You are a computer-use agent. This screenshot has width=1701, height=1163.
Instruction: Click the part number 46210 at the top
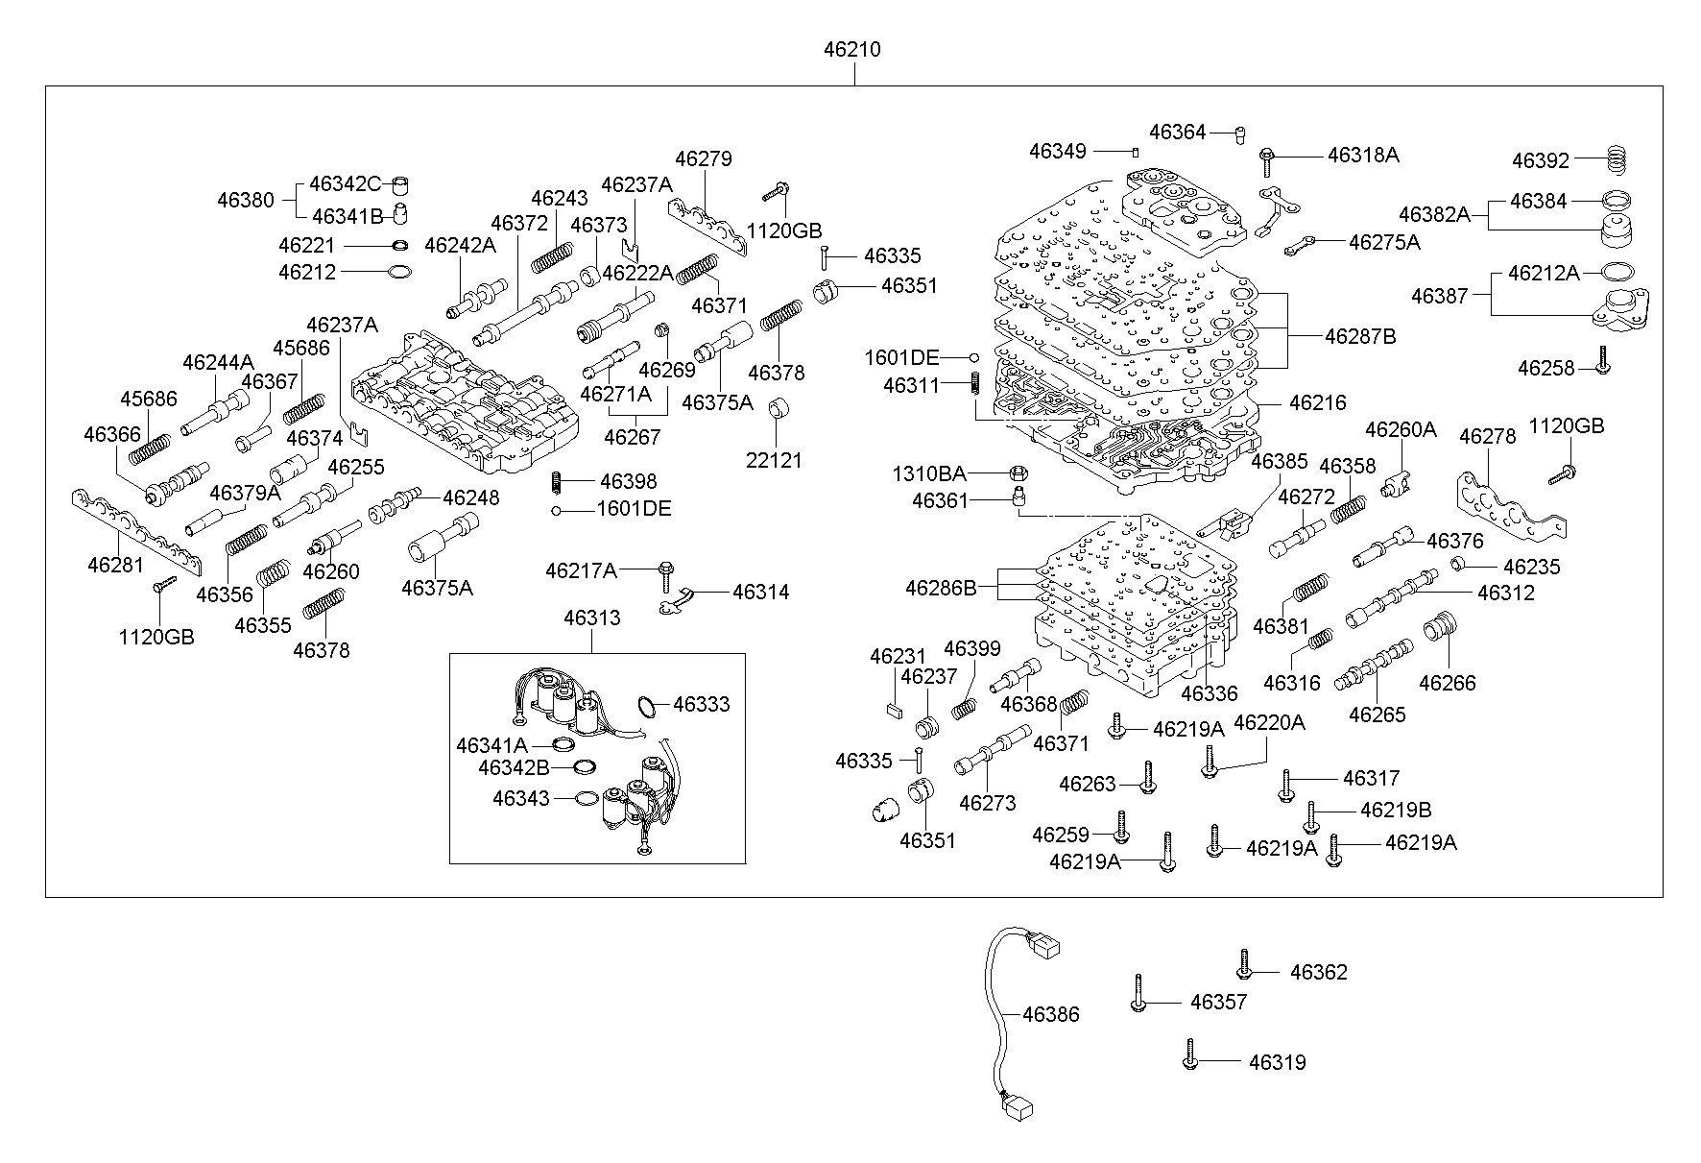(x=851, y=49)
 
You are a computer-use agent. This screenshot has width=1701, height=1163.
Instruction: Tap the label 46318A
(x=1362, y=155)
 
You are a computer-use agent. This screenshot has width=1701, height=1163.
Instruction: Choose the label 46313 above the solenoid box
(x=591, y=618)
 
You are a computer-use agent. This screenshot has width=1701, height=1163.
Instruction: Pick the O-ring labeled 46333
(x=650, y=707)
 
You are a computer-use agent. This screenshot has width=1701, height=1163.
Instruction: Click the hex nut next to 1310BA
(x=1018, y=472)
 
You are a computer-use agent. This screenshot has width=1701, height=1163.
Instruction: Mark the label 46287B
(x=1360, y=337)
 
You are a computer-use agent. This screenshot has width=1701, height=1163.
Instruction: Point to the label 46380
(x=246, y=201)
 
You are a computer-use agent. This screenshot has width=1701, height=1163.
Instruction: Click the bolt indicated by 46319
(x=1190, y=1054)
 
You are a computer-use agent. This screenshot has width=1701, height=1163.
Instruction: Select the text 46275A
(x=1383, y=242)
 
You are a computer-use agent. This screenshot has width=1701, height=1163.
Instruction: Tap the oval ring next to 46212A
(x=1616, y=273)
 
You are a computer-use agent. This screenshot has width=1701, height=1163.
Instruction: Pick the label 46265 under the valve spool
(x=1377, y=715)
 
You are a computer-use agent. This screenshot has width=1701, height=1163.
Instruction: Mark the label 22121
(x=774, y=460)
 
